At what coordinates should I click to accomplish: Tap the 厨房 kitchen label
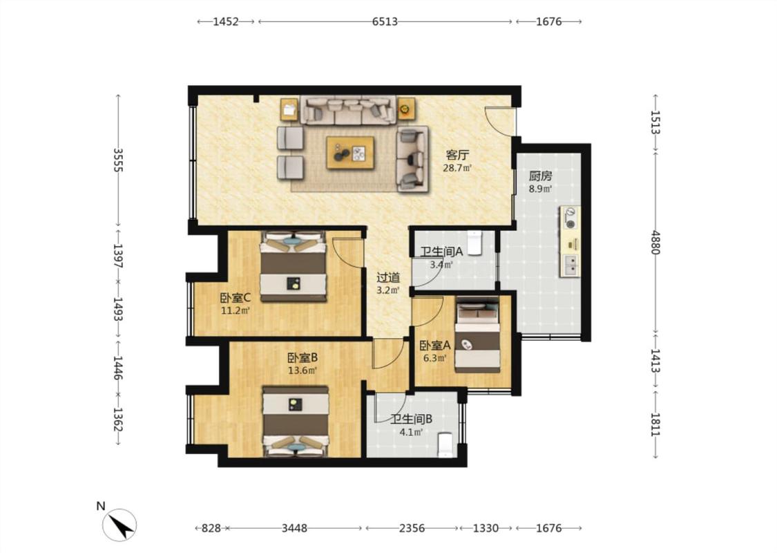coord(540,176)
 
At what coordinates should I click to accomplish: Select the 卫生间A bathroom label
coord(441,252)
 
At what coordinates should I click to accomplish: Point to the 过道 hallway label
coord(388,278)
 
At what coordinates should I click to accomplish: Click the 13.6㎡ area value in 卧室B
coord(303,371)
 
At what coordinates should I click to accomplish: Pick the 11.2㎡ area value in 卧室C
coord(235,311)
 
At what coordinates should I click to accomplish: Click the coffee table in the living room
coord(350,153)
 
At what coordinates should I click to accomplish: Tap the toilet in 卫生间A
coord(474,243)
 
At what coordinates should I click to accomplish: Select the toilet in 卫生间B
coord(445,444)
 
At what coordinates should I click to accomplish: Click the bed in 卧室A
coord(478,335)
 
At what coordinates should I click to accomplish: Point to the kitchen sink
coord(570,265)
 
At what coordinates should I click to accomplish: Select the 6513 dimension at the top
coord(385,21)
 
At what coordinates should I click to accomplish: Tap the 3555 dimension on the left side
coord(117,160)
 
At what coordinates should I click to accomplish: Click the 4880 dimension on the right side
coord(655,242)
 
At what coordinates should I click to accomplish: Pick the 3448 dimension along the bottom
coord(294,528)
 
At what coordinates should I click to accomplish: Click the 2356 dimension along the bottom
coord(412,528)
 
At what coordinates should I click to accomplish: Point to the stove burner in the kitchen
coord(571,218)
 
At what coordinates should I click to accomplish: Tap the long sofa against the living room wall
coord(348,110)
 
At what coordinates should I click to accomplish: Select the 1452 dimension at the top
coord(225,21)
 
